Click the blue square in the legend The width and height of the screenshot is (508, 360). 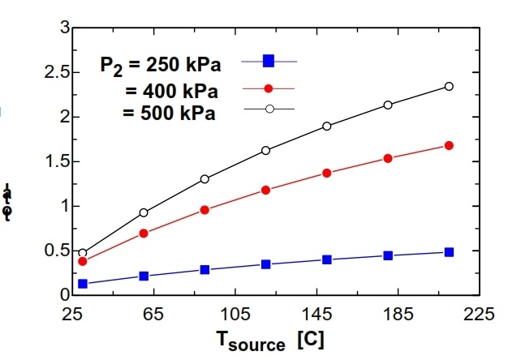click(269, 61)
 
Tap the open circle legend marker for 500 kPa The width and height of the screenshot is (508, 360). click(269, 109)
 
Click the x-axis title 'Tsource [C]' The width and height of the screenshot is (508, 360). click(270, 341)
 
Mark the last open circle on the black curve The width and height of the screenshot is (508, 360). click(449, 86)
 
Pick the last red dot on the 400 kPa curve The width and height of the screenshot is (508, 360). click(449, 146)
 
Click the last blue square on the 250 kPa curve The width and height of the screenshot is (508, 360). click(449, 252)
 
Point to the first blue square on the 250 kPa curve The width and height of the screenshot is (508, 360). click(83, 284)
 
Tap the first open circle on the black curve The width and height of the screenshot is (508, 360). click(83, 253)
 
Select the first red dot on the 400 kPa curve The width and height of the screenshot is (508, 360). click(83, 261)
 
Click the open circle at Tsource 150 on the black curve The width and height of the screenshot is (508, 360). click(327, 126)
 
